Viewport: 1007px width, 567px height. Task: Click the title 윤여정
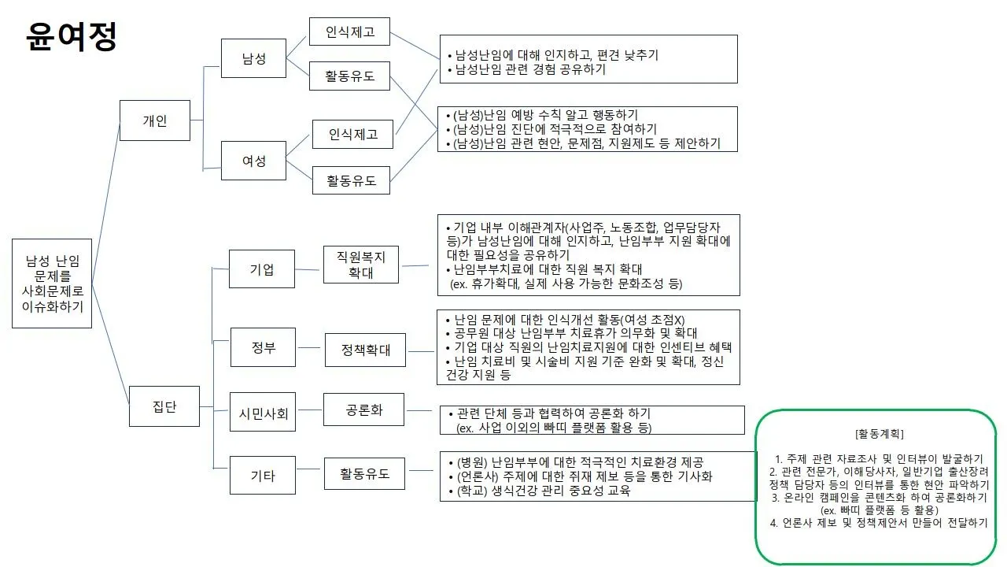coord(72,35)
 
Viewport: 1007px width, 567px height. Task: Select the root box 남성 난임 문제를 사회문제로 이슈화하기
coord(52,283)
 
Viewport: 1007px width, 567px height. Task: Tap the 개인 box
coord(155,120)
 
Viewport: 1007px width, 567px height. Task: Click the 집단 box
coord(164,406)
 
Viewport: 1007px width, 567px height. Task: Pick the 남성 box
coord(253,58)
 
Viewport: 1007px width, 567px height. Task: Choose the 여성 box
coord(253,161)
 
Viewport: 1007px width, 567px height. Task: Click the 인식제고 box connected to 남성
coord(349,33)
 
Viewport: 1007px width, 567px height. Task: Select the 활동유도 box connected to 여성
coord(351,180)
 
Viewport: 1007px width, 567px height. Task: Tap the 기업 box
coord(262,269)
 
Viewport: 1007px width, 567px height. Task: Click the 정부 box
coord(263,347)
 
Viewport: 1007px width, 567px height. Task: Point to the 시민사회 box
coord(263,412)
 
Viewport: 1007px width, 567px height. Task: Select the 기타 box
coord(263,475)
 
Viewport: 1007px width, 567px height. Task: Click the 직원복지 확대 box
coord(361,265)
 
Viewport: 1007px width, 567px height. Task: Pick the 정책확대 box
coord(365,350)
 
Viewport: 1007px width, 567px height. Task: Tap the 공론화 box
coord(363,409)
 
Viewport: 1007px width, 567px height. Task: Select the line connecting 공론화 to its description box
coord(421,410)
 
